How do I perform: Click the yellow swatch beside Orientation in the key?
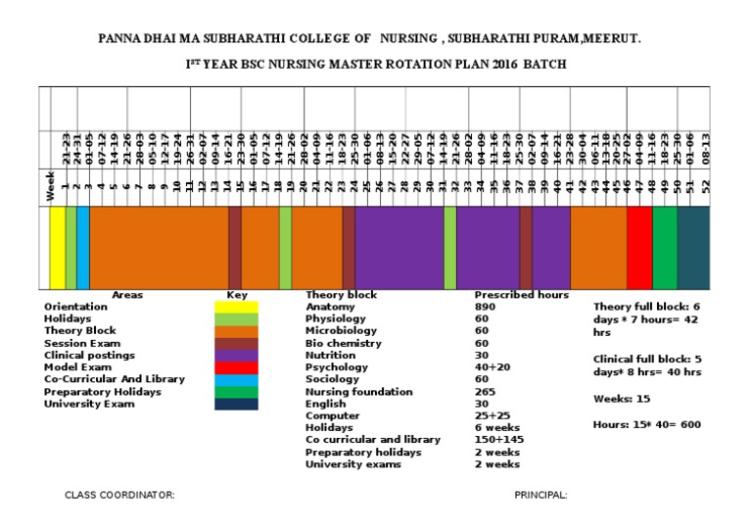[237, 307]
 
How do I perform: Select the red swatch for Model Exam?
[237, 367]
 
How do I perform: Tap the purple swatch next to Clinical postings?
[237, 355]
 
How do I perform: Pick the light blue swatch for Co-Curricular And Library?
[237, 379]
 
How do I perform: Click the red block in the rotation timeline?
[639, 248]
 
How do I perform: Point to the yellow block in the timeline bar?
[57, 248]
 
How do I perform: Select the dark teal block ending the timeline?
[698, 248]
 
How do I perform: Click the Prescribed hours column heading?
[521, 295]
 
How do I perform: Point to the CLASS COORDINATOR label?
[119, 495]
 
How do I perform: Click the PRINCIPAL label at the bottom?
[540, 495]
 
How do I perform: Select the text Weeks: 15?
[620, 399]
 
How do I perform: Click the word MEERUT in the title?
[613, 38]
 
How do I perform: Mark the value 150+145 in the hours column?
[496, 440]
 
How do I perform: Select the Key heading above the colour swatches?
[237, 295]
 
